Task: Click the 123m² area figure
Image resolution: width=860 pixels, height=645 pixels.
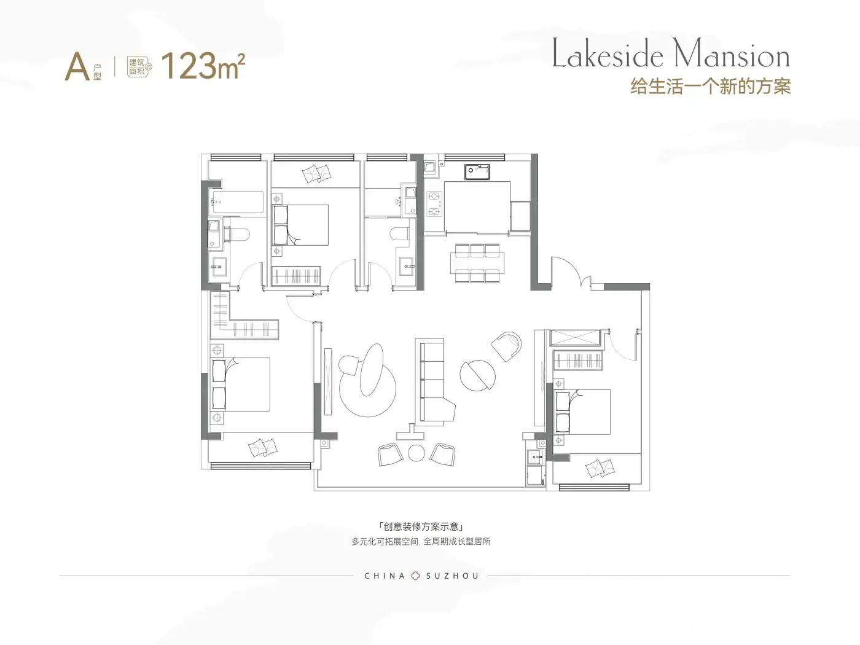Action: coord(203,66)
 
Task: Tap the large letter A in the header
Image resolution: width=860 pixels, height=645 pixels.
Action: coord(77,66)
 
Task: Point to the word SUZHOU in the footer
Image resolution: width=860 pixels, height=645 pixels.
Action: coord(452,576)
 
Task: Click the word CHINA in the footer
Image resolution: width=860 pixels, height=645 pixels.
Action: coord(385,576)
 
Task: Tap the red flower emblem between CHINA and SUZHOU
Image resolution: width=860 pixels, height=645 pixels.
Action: coord(415,576)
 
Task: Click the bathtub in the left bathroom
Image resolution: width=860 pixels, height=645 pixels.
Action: coord(237,202)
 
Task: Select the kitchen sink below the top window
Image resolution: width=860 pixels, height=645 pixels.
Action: coord(477,171)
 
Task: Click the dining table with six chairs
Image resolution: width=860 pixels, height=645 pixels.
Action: coord(477,263)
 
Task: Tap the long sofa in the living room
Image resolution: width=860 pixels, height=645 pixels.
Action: coord(435,382)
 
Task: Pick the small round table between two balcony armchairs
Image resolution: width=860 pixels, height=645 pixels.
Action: coord(416,453)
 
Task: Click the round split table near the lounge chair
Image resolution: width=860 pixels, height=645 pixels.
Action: coord(477,375)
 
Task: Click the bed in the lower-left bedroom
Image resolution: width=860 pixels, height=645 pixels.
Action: coord(241,384)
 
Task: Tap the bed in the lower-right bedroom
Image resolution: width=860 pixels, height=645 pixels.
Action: coord(582,412)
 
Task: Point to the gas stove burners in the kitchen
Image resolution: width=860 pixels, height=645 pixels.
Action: coord(434,204)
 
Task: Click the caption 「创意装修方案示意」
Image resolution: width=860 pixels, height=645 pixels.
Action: coord(421,526)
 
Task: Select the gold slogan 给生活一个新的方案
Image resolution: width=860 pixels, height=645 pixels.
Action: coord(711,87)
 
